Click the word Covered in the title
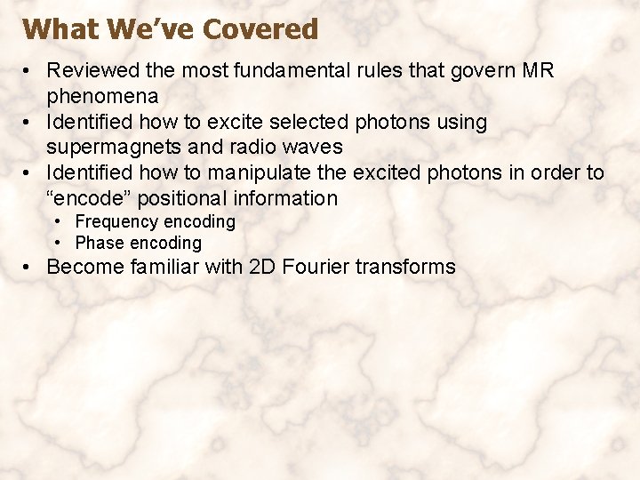coord(260,29)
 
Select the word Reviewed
coord(92,70)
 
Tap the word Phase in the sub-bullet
coord(100,243)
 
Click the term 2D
coord(265,267)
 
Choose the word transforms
coord(407,267)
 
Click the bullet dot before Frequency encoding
coord(57,221)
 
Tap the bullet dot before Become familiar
coord(29,267)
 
